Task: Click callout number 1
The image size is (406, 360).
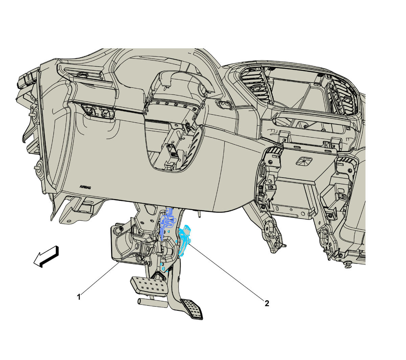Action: [79, 297]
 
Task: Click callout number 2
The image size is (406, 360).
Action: [267, 303]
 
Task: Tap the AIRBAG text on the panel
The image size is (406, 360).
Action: [85, 187]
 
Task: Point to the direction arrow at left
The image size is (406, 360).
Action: [46, 256]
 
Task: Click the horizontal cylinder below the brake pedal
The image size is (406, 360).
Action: [152, 303]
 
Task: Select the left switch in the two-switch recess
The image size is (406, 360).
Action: [90, 110]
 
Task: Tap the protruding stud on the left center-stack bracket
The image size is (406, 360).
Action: [284, 245]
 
